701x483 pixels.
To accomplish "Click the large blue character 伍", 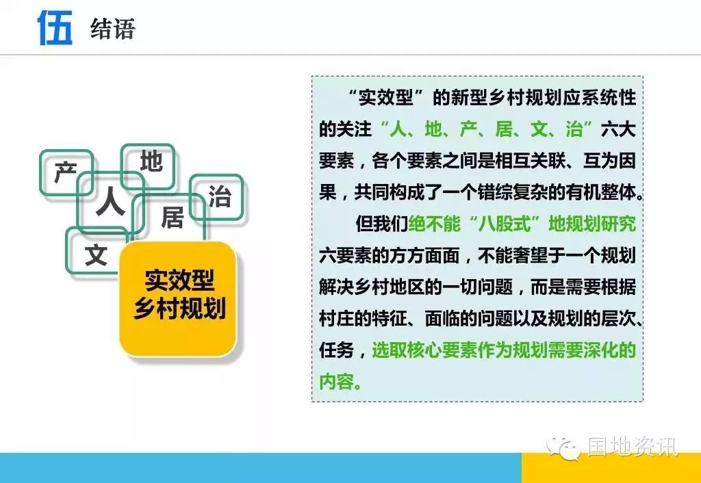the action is pyautogui.click(x=55, y=27).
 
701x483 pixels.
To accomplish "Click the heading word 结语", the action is pyautogui.click(x=112, y=29).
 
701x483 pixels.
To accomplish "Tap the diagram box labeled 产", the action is pyautogui.click(x=66, y=172).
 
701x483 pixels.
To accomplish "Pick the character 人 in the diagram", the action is pyautogui.click(x=110, y=202).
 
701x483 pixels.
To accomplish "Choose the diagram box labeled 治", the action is pyautogui.click(x=217, y=196).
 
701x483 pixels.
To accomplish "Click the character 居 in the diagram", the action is pyautogui.click(x=173, y=218).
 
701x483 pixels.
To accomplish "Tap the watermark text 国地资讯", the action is pyautogui.click(x=633, y=446).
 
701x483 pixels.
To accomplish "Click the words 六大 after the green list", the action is pyautogui.click(x=618, y=129).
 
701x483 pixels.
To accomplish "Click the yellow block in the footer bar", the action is pyautogui.click(x=611, y=468).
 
